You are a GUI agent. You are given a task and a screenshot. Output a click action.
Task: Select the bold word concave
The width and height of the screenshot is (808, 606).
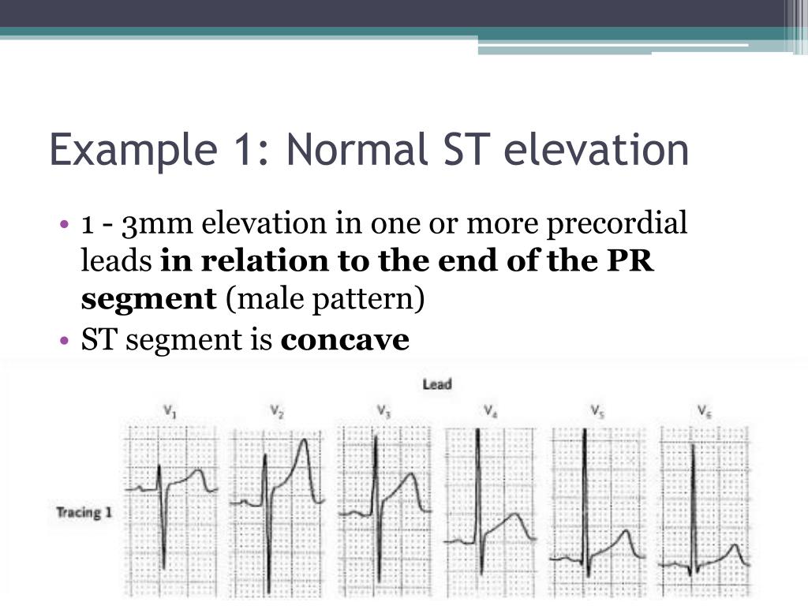345,340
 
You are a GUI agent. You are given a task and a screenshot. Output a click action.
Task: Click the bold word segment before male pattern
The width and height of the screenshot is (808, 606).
148,299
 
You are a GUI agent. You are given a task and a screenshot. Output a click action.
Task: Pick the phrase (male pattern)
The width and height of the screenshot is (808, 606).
325,300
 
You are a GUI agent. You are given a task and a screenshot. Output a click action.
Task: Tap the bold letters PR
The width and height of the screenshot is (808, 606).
633,262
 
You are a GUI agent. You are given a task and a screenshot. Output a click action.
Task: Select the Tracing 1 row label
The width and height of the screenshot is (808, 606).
84,512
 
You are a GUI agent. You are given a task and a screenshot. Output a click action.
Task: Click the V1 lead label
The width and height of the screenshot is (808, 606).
170,410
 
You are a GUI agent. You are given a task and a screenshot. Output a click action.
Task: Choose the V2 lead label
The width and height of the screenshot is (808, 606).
277,410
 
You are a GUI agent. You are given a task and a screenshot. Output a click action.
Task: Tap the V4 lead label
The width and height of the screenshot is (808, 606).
490,410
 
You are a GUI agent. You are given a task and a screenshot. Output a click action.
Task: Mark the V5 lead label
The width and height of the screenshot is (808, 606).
597,410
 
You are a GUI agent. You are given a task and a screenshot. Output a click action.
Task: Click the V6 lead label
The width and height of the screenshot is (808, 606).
704,410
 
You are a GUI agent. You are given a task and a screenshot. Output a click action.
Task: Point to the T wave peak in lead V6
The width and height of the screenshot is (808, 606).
735,545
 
